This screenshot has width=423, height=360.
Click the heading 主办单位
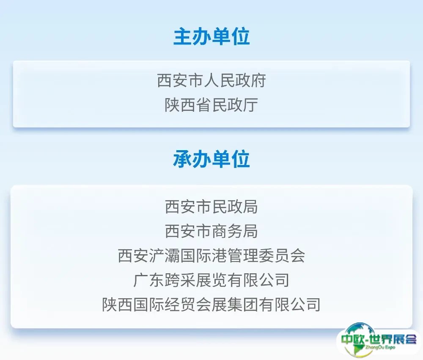(211, 37)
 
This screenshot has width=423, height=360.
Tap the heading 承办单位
(211, 159)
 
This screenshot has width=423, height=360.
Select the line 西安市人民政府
(211, 80)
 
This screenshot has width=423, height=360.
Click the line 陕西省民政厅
(211, 105)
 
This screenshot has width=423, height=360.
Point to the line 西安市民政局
(211, 207)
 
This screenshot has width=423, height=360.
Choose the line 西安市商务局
(211, 231)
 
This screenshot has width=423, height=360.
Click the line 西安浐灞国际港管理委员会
(211, 256)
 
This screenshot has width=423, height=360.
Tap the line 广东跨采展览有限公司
(211, 280)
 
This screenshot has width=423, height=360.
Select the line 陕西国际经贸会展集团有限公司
(211, 305)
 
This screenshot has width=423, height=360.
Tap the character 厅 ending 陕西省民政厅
(250, 105)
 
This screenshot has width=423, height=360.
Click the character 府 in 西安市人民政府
(258, 80)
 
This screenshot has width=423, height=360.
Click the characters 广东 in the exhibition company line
(149, 280)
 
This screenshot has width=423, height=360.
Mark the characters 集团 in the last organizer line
(243, 305)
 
